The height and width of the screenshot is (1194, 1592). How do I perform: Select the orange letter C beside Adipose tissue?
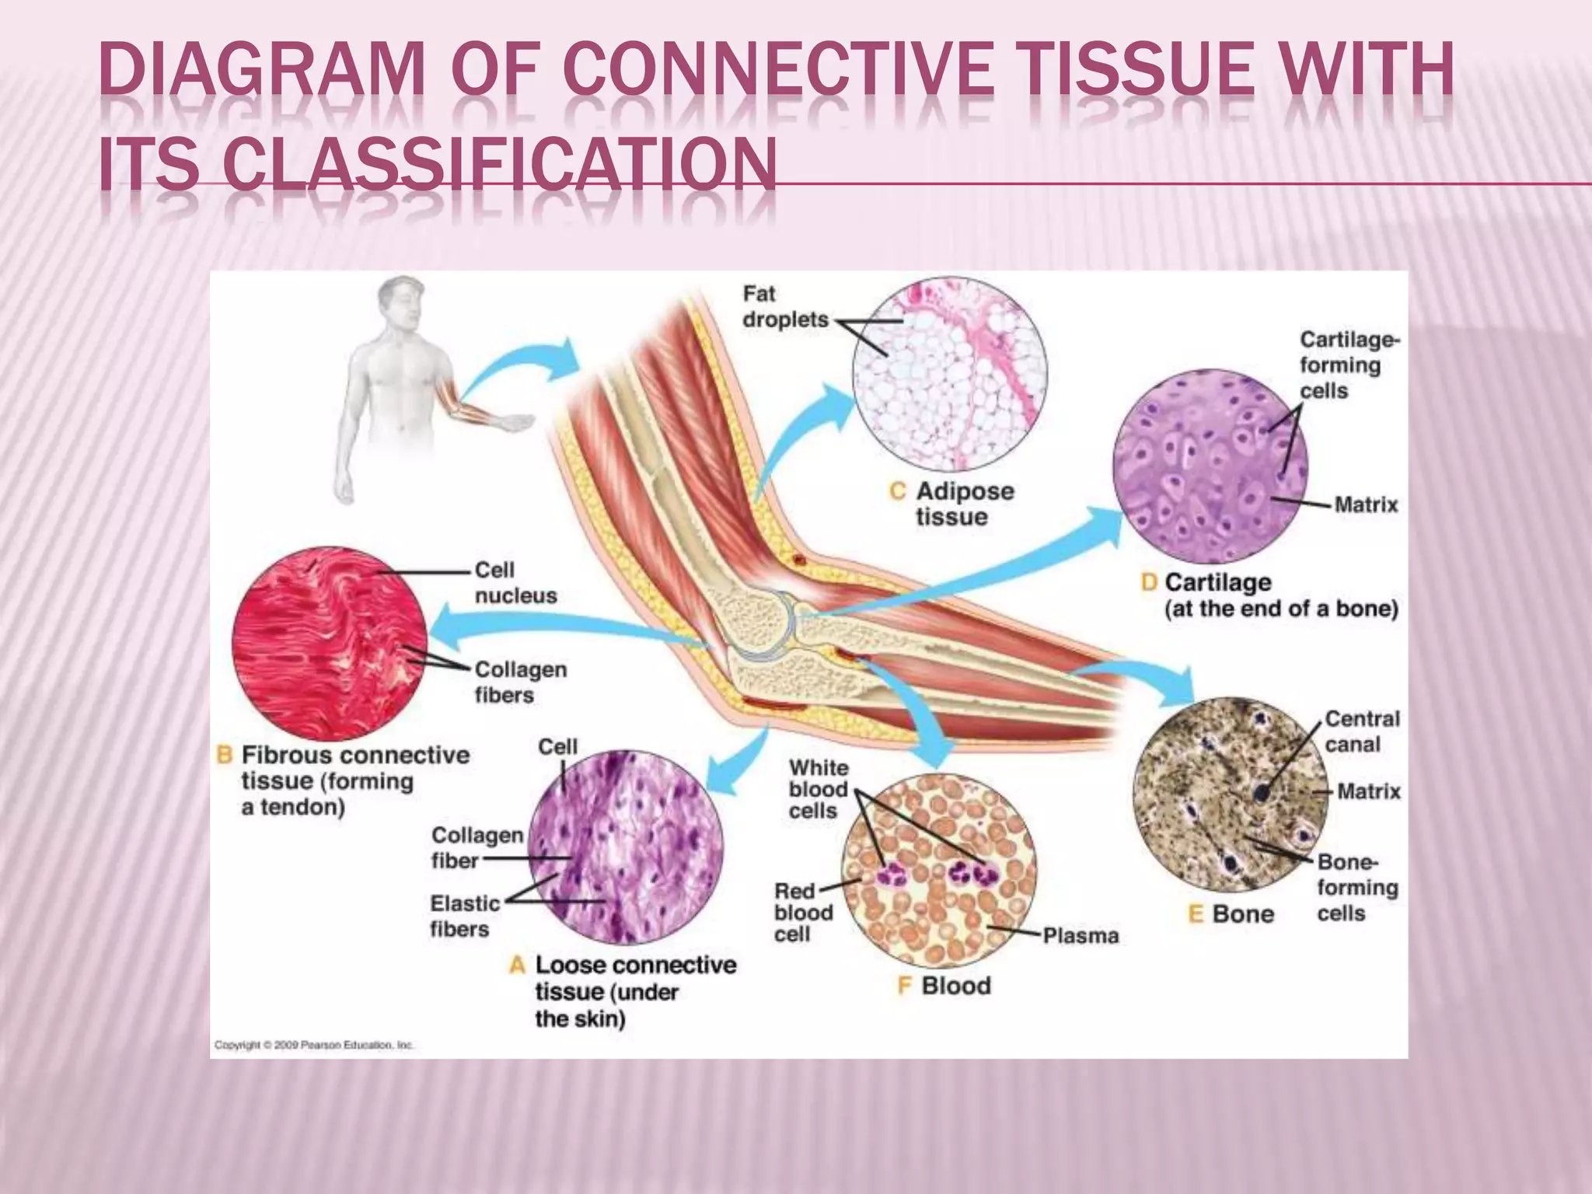point(898,491)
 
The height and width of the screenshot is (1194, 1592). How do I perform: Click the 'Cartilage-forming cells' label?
point(1349,365)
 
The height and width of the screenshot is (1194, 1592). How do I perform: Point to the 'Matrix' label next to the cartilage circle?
point(1366,505)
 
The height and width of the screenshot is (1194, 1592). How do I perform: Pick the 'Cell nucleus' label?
point(515,583)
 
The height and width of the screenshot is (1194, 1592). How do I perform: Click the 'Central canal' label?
point(1361,731)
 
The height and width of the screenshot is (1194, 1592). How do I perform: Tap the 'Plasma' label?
point(1080,936)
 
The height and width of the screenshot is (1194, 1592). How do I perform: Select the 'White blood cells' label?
point(817,789)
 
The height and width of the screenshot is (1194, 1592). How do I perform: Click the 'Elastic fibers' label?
point(464,916)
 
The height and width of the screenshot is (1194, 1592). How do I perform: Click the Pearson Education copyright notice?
point(314,1046)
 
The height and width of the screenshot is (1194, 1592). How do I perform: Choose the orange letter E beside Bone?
point(1196,914)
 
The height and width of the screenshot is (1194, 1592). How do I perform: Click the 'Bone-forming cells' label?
point(1356,888)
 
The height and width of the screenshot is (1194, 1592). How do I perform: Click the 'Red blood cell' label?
point(802,913)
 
